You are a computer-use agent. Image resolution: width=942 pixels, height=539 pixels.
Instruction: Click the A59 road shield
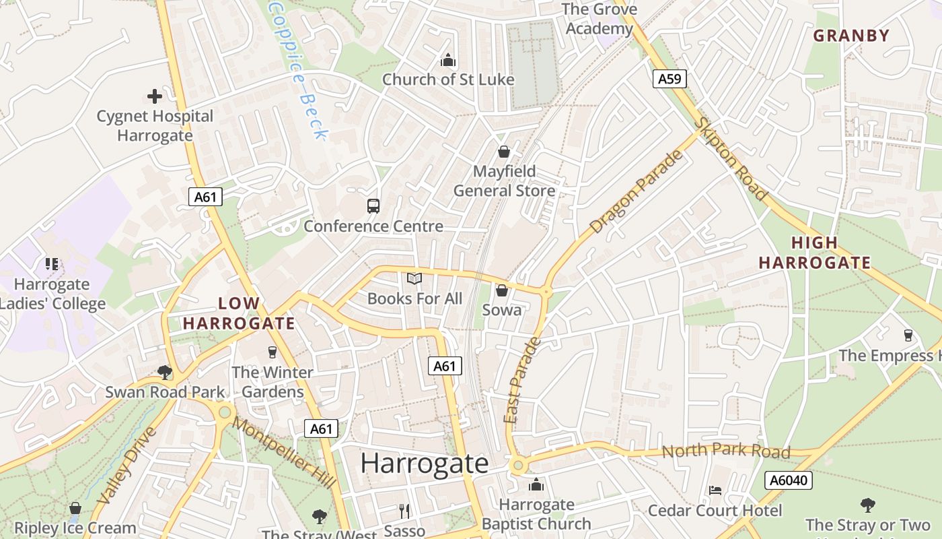click(x=669, y=79)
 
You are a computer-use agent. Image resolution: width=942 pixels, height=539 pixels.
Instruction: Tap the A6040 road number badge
click(x=789, y=480)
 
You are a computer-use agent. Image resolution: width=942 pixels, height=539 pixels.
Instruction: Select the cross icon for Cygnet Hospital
click(x=155, y=96)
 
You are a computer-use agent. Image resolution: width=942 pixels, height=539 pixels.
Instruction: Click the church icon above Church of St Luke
click(x=448, y=61)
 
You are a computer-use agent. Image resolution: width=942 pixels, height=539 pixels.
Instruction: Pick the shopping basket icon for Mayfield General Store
click(x=503, y=152)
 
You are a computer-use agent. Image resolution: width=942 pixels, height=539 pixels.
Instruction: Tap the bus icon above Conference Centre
click(x=373, y=206)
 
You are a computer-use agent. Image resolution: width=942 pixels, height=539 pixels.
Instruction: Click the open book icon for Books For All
click(x=414, y=278)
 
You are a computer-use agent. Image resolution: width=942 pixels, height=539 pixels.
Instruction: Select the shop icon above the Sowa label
click(x=501, y=290)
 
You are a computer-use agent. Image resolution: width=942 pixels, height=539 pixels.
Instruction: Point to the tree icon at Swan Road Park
click(x=165, y=372)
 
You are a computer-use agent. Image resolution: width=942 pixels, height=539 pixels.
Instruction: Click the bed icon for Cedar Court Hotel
click(x=715, y=490)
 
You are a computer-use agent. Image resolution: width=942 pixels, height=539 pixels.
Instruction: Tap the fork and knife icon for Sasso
click(x=404, y=511)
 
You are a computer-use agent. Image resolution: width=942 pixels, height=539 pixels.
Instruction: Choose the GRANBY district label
click(x=851, y=36)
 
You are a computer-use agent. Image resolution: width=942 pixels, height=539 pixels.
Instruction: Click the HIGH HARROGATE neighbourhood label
click(x=814, y=253)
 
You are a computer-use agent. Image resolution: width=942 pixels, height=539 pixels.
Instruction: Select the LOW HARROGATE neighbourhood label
click(x=239, y=313)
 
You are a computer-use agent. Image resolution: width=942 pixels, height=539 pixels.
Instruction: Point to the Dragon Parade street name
click(x=637, y=192)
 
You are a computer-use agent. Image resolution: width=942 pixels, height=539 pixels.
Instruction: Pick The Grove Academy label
click(x=599, y=19)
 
